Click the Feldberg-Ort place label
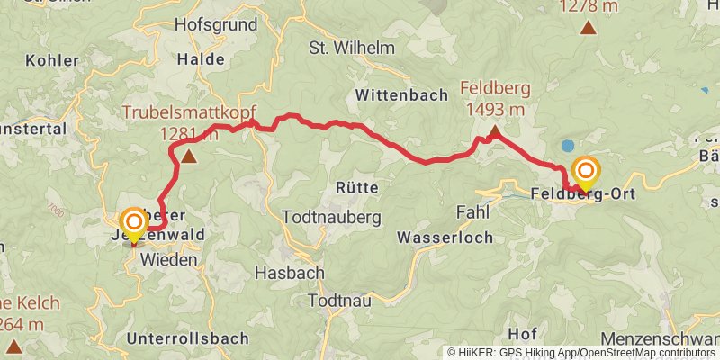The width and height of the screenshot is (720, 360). tap(578, 193)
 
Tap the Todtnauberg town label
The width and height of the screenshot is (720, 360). tap(332, 217)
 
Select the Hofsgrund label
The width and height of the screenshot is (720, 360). tap(216, 24)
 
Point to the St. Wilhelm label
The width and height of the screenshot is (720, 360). tap(346, 47)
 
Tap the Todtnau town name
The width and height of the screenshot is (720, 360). tap(340, 300)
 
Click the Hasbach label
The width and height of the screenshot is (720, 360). tap(283, 271)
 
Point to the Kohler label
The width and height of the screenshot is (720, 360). tap(49, 61)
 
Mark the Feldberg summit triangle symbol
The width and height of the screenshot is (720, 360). tap(494, 134)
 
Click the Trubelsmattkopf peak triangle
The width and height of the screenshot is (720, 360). tap(189, 157)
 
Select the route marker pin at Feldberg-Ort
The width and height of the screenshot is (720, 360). tap(587, 172)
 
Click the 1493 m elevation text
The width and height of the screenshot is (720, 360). tap(495, 109)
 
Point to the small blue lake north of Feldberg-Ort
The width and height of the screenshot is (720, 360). tap(567, 145)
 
